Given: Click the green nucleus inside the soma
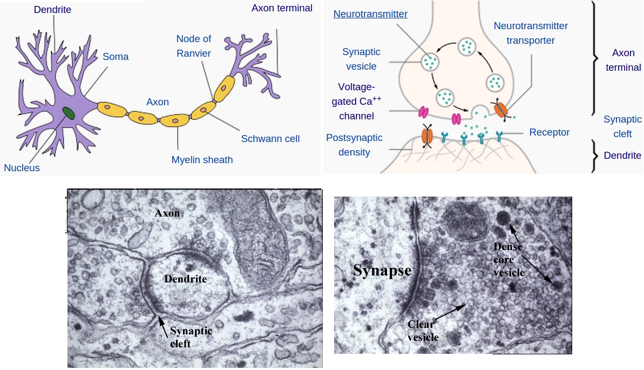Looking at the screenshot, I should [x=69, y=112].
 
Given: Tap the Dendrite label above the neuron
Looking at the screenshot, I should [x=52, y=10].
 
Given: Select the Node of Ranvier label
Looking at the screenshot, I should [x=193, y=46].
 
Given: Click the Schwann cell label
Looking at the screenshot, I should [x=270, y=139].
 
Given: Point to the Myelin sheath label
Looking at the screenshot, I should [x=202, y=159].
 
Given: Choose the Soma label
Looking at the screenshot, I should [x=116, y=56].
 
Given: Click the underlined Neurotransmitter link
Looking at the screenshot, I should [x=370, y=14].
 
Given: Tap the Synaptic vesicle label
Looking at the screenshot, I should [x=361, y=59].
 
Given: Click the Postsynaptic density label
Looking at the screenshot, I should [x=354, y=145].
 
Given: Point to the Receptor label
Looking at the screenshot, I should [x=550, y=132].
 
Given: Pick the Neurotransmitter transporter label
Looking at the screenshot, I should [x=531, y=33].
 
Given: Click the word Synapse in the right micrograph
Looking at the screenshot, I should [x=382, y=270].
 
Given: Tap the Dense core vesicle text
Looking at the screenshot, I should [x=509, y=259].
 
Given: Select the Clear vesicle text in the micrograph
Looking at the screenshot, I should [x=423, y=331].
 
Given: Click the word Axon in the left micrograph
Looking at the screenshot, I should [x=167, y=213].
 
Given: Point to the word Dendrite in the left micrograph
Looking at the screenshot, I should [x=185, y=279].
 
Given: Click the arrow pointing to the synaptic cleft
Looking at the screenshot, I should [x=161, y=324].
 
